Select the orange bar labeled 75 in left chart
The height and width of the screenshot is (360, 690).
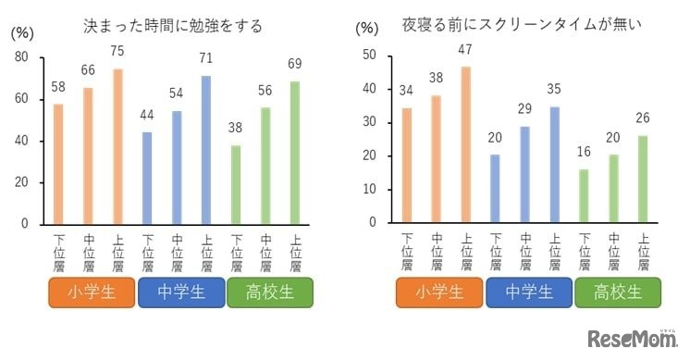point(117,146)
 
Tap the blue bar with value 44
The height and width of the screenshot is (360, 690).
point(147,178)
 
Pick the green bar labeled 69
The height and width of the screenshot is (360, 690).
point(295,153)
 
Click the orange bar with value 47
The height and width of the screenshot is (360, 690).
point(465,144)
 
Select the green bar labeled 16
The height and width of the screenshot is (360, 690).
point(584,195)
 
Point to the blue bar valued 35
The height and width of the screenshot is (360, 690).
point(554,164)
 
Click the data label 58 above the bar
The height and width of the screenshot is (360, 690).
point(58,87)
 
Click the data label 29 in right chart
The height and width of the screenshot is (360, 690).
point(524,109)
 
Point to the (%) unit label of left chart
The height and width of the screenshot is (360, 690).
point(21,32)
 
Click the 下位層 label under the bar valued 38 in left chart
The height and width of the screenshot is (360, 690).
point(236,253)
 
